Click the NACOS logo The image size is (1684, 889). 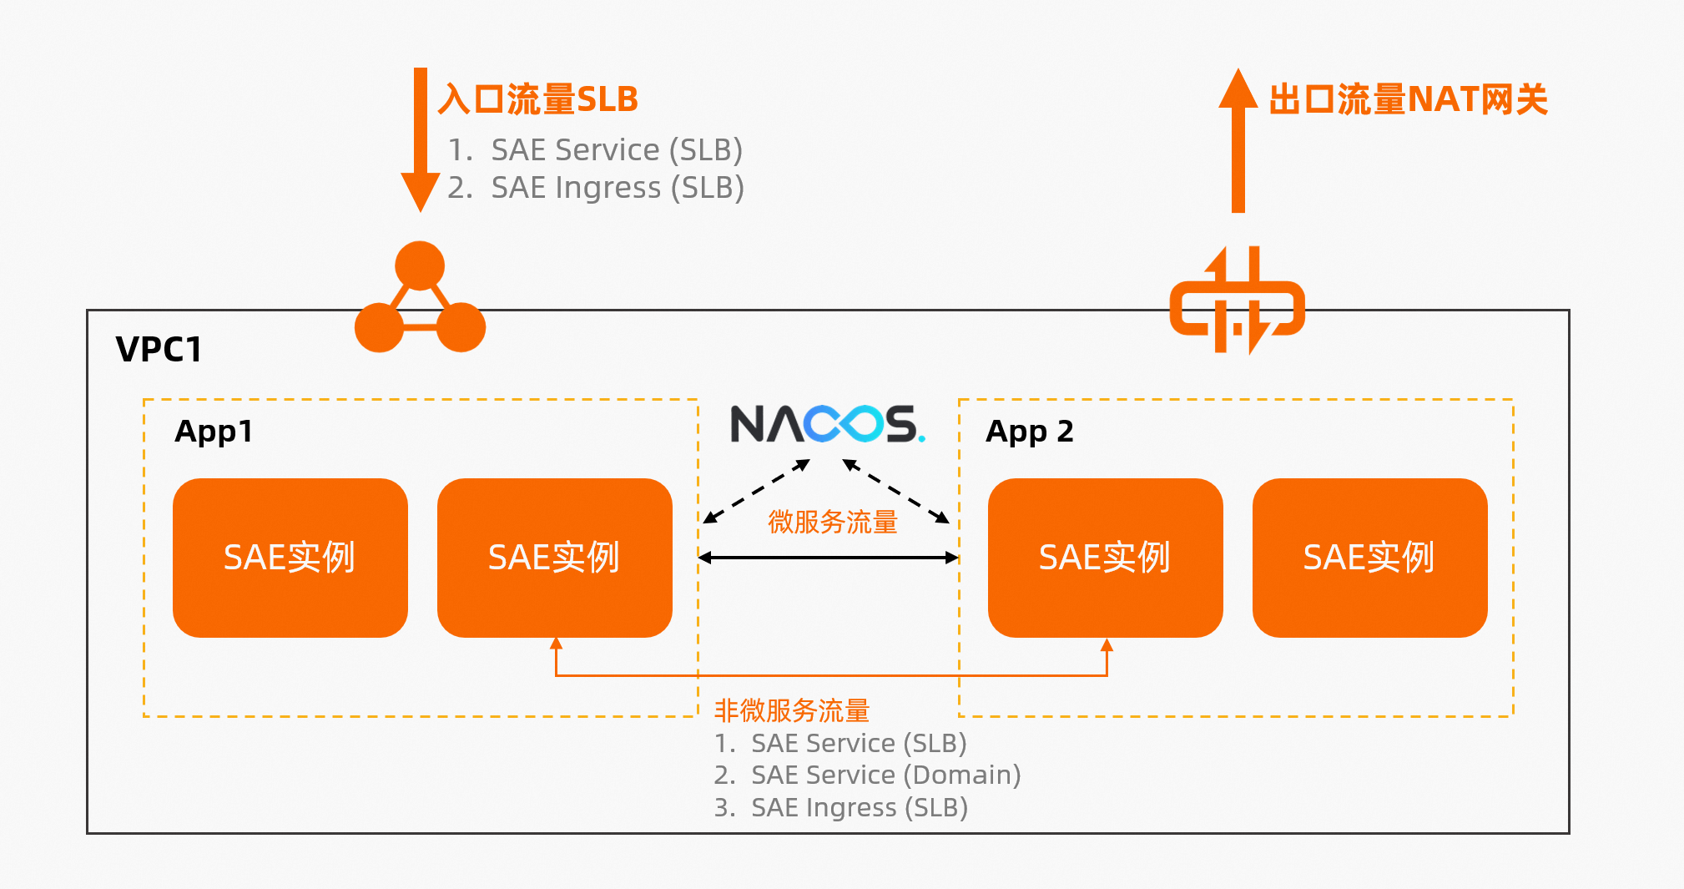click(x=827, y=424)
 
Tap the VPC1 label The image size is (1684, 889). click(x=159, y=349)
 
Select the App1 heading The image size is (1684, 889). click(x=214, y=432)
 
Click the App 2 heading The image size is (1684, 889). click(x=1029, y=432)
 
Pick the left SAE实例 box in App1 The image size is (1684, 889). click(x=290, y=558)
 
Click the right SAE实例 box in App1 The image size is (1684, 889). click(x=554, y=558)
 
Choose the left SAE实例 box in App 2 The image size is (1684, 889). click(x=1105, y=558)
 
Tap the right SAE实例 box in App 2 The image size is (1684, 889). click(x=1369, y=558)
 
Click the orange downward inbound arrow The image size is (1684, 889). click(x=421, y=138)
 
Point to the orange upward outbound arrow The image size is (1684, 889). click(x=1238, y=142)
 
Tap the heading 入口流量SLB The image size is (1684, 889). click(x=538, y=99)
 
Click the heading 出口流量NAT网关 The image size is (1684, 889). click(x=1408, y=99)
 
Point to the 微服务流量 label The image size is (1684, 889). click(x=832, y=522)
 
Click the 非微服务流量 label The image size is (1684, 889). click(x=791, y=710)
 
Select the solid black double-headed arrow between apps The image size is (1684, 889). click(x=828, y=558)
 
